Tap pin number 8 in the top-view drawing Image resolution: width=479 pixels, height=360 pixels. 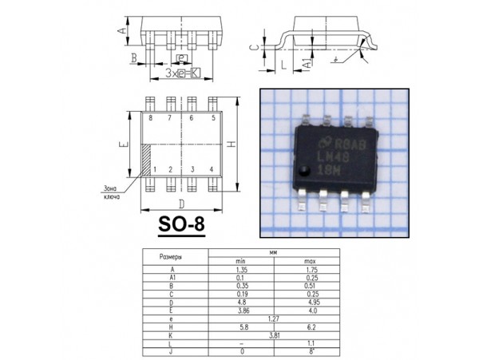(x=150, y=118)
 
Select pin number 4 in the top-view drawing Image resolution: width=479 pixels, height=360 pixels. (x=211, y=170)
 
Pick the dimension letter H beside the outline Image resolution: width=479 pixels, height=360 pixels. (x=231, y=144)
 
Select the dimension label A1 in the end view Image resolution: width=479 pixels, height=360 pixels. (x=308, y=61)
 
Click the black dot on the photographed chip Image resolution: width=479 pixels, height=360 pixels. (x=305, y=171)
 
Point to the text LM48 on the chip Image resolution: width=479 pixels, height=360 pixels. (x=331, y=158)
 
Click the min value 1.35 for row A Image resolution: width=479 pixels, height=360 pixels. (x=239, y=271)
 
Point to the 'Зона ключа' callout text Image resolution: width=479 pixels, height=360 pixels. (x=107, y=192)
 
